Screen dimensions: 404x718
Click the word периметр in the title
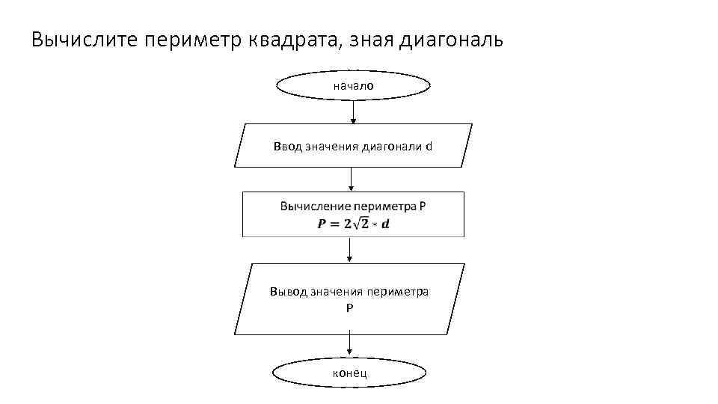(x=191, y=39)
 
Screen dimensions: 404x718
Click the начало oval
(x=354, y=86)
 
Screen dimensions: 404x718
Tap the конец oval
(x=349, y=373)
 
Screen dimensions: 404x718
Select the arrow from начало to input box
(x=354, y=111)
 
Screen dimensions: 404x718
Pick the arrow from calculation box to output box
(x=349, y=250)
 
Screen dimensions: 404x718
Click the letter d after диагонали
(x=429, y=146)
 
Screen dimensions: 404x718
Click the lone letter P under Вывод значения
(x=349, y=307)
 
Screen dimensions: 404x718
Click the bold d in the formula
(x=386, y=224)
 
